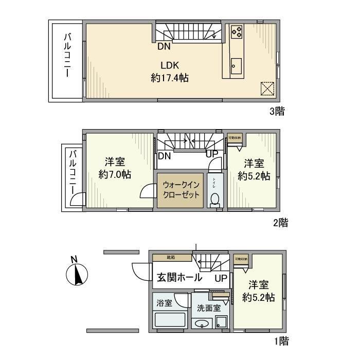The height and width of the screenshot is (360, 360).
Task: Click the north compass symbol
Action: click(x=77, y=273)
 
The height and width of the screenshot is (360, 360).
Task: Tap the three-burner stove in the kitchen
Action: click(x=237, y=32)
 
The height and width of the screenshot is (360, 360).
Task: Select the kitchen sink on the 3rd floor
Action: click(x=236, y=65)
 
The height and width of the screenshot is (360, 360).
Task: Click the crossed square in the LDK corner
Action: click(x=267, y=88)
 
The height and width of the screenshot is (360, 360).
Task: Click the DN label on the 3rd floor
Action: click(x=164, y=47)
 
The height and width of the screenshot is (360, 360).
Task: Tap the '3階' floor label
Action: click(x=277, y=110)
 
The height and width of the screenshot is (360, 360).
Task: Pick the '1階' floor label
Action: click(x=280, y=340)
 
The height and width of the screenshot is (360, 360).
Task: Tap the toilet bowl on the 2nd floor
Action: click(x=214, y=199)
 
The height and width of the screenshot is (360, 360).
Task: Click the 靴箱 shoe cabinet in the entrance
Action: click(x=171, y=257)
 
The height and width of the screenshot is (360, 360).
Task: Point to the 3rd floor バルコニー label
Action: click(x=67, y=56)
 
